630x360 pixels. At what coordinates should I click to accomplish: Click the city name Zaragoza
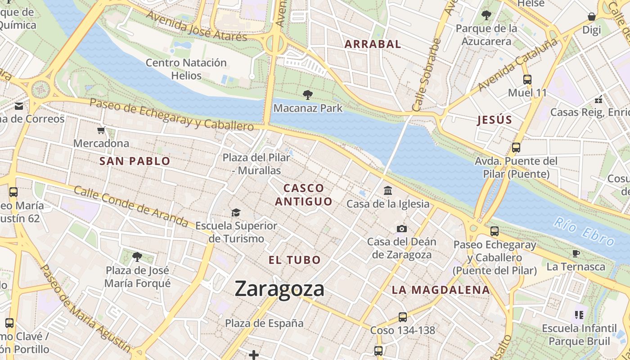tap(279, 289)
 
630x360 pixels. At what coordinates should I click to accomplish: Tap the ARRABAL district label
tap(373, 44)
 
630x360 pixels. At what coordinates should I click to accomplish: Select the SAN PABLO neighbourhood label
tap(135, 161)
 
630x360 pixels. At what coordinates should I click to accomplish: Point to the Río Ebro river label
tap(584, 231)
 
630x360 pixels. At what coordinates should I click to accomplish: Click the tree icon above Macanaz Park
tap(308, 94)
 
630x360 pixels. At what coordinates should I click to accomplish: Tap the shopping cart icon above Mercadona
tap(101, 130)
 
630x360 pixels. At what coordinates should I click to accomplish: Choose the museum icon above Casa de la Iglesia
tap(388, 191)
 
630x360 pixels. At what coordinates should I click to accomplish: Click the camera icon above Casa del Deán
tap(402, 229)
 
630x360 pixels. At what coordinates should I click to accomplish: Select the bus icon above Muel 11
tap(527, 80)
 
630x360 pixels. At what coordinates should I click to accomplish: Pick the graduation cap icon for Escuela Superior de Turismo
tap(236, 212)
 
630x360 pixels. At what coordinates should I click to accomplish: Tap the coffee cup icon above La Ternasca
tap(576, 253)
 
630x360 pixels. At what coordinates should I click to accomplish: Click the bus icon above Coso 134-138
tap(402, 317)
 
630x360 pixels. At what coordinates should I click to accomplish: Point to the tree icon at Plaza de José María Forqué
tap(137, 257)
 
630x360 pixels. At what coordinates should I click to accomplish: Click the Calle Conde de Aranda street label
tap(131, 207)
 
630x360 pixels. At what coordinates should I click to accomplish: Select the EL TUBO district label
tap(295, 260)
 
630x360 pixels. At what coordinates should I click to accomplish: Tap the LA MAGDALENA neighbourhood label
tap(441, 290)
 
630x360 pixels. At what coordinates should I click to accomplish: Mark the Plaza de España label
tap(264, 323)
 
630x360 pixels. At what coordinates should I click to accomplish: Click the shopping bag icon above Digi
tap(592, 17)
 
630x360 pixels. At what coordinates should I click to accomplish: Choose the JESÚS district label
tap(495, 120)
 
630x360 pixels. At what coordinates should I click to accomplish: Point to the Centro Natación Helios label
tap(186, 69)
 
